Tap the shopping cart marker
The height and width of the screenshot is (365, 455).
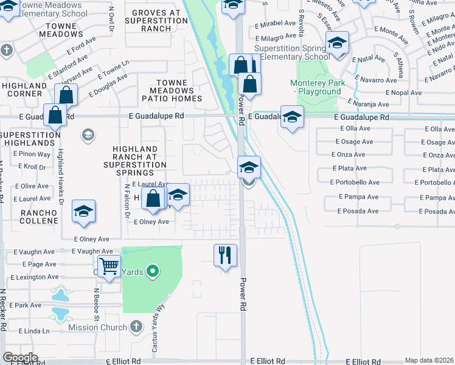pyautogui.click(x=109, y=265)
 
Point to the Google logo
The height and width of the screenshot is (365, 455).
pyautogui.click(x=20, y=358)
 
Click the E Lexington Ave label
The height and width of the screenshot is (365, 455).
pyautogui.click(x=35, y=277)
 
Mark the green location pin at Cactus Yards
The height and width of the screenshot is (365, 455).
pyautogui.click(x=153, y=271)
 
